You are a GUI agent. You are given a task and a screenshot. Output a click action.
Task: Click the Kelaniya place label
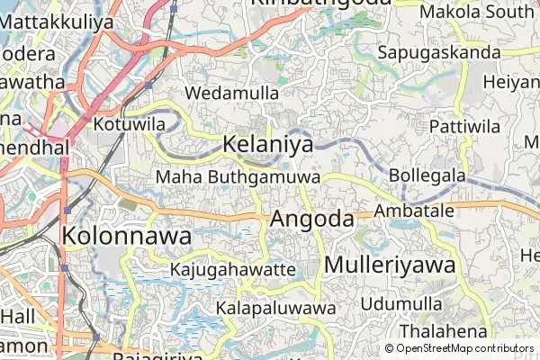(x=267, y=144)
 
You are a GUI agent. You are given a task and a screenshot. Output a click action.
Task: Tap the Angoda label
(x=311, y=219)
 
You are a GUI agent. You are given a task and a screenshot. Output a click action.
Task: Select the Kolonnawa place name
(x=126, y=237)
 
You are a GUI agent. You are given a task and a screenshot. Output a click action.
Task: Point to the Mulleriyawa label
(x=390, y=265)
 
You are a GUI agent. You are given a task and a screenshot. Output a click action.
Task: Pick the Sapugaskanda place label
(x=439, y=52)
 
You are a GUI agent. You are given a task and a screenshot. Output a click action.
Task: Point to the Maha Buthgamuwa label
(x=238, y=176)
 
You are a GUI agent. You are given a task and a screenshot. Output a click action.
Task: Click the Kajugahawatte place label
(x=232, y=269)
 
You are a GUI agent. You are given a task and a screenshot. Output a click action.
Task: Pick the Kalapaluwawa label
(x=275, y=308)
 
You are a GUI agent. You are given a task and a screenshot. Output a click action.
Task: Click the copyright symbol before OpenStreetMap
(x=389, y=348)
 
